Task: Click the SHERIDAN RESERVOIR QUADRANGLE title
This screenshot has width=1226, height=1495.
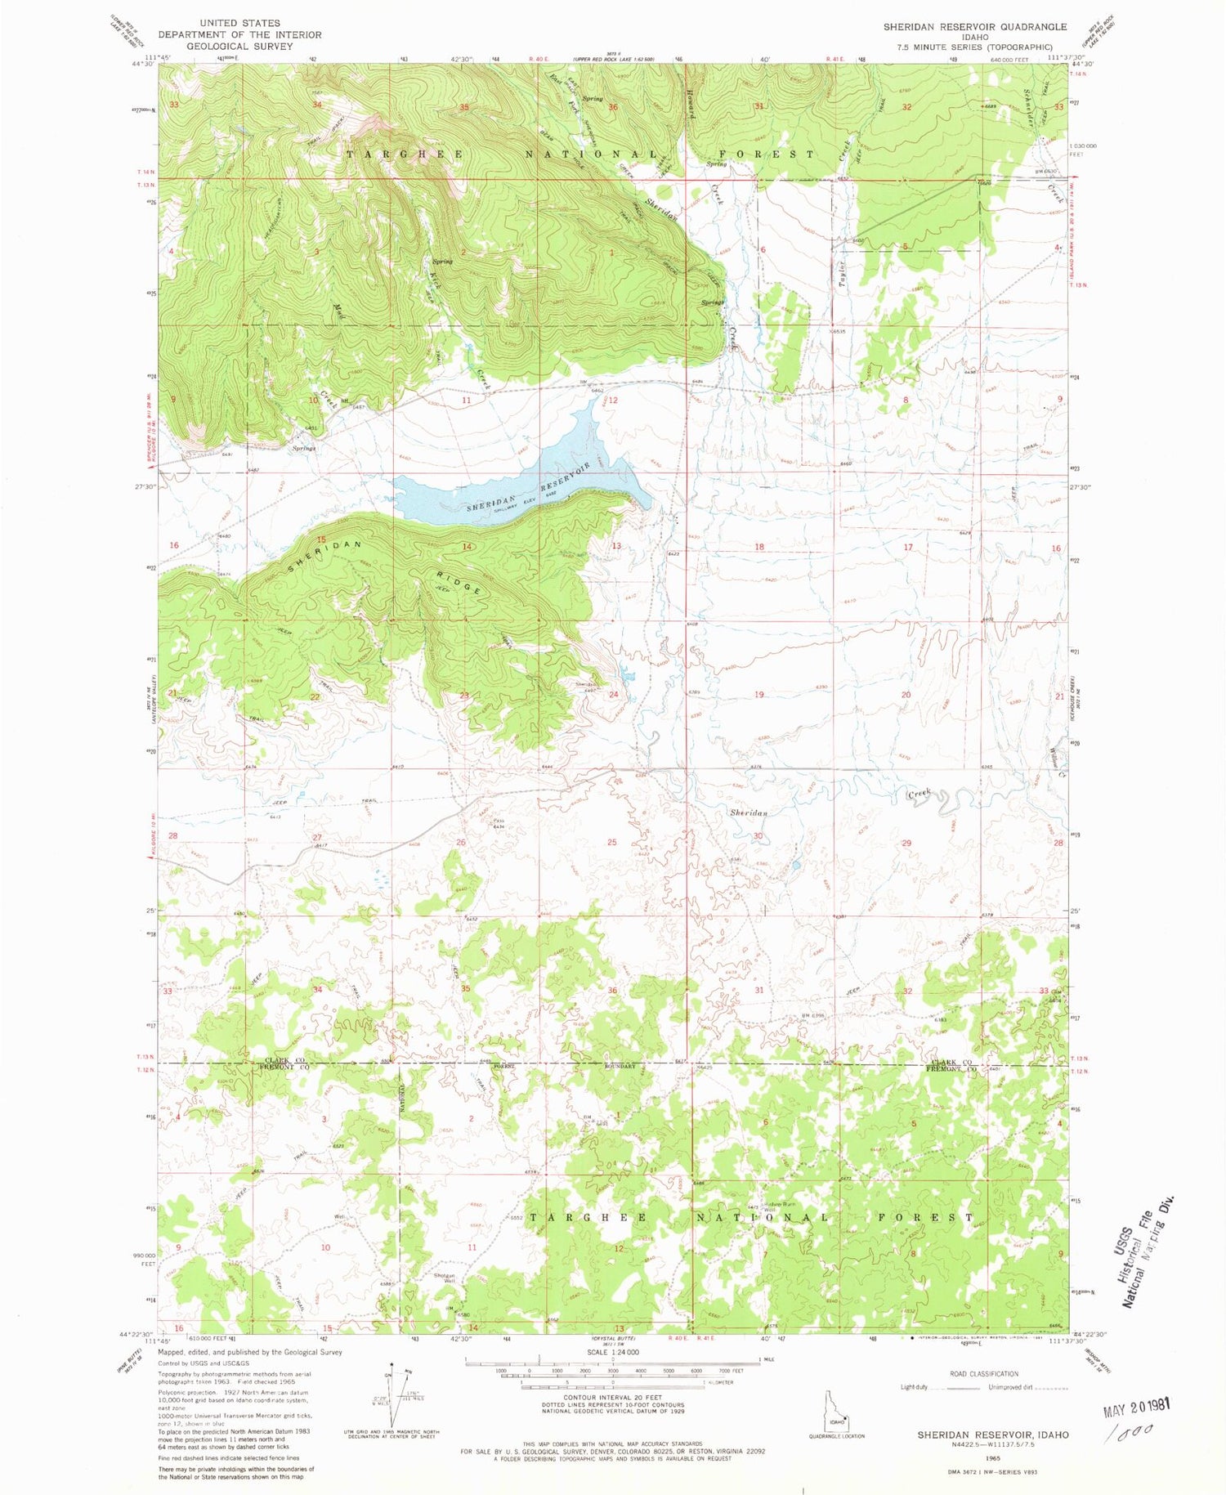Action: [x=974, y=27]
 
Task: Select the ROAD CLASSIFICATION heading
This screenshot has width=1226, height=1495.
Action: [x=984, y=1374]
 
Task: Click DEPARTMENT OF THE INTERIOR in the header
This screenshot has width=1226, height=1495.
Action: [x=239, y=35]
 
